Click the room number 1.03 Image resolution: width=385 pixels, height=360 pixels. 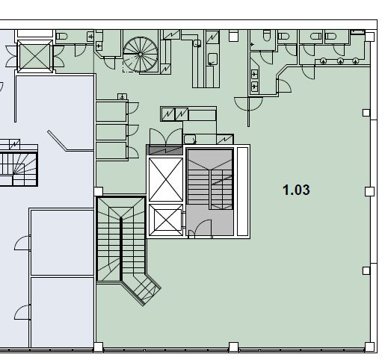[x=296, y=190]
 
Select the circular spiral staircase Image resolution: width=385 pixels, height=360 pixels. [x=141, y=55]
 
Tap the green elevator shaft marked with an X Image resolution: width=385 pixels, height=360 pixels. [x=35, y=56]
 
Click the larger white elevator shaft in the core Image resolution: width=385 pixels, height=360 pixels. [x=166, y=179]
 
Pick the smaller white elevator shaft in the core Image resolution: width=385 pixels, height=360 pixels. [x=166, y=220]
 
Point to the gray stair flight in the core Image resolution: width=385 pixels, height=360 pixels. [x=210, y=179]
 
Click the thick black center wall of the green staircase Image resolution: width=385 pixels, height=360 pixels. [x=121, y=249]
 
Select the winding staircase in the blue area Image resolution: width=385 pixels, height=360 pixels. [x=18, y=169]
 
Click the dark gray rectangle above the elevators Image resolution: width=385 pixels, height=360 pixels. [x=165, y=150]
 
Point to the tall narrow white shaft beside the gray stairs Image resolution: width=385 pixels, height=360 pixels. [x=242, y=191]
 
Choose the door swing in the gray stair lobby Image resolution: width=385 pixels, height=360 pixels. [x=204, y=226]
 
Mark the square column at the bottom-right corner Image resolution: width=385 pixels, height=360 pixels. [x=369, y=347]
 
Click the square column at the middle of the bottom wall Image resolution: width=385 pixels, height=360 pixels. [x=233, y=347]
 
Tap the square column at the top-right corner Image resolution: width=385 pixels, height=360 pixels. [x=369, y=37]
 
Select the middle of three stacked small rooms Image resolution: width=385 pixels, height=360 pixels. [x=111, y=132]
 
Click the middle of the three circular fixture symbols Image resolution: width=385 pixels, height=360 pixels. [x=340, y=61]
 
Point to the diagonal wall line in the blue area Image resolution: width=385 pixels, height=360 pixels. [x=57, y=140]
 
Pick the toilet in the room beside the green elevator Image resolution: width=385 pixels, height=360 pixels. [x=61, y=37]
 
